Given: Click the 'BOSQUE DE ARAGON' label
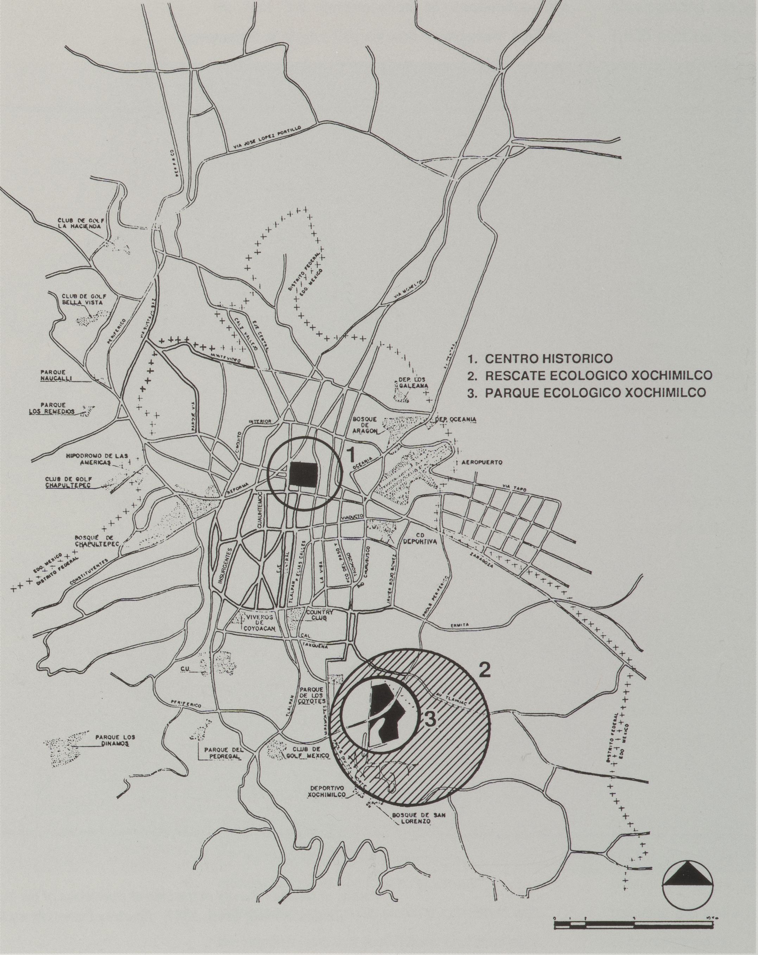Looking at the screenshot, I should click(364, 425).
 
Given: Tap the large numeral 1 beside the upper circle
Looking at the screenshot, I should click(350, 454).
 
